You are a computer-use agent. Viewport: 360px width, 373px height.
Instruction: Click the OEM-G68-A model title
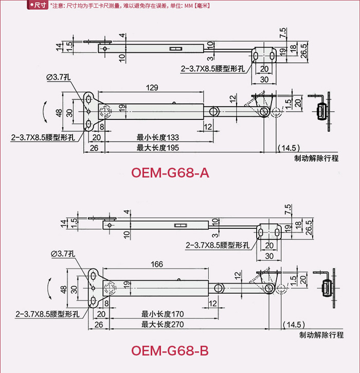pyautogui.click(x=170, y=173)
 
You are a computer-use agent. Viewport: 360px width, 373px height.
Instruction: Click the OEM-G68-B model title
pyautogui.click(x=170, y=351)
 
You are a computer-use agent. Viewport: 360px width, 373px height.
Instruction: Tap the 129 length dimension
pyautogui.click(x=152, y=88)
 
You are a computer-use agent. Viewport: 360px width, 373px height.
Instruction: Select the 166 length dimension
pyautogui.click(x=157, y=264)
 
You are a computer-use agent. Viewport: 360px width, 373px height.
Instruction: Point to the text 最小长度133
pyautogui.click(x=157, y=138)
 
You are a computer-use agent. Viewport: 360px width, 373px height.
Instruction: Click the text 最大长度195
pyautogui.click(x=157, y=148)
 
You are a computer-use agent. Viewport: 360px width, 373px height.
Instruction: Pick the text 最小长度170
pyautogui.click(x=163, y=314)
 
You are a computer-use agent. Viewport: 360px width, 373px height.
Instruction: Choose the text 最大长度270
pyautogui.click(x=163, y=324)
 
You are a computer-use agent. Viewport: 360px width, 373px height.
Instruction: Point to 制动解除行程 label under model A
pyautogui.click(x=316, y=158)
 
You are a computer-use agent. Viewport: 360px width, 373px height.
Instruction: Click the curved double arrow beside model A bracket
pyautogui.click(x=45, y=113)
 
